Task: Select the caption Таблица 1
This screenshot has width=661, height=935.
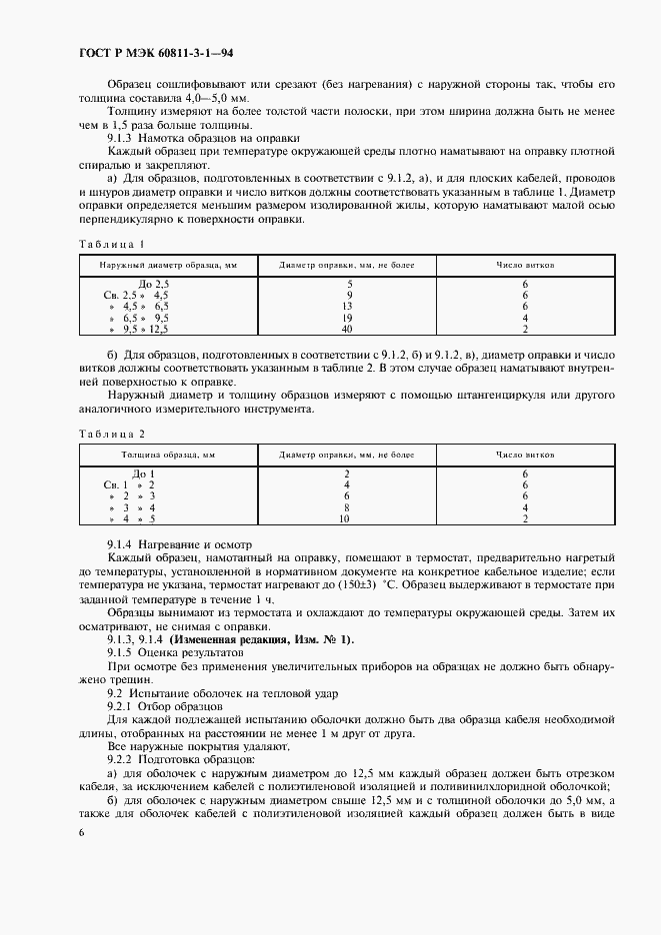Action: pyautogui.click(x=111, y=244)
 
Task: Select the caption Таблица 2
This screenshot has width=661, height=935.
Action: pyautogui.click(x=111, y=434)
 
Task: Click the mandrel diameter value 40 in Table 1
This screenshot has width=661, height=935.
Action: pyautogui.click(x=346, y=329)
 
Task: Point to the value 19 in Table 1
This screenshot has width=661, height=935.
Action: pyautogui.click(x=346, y=318)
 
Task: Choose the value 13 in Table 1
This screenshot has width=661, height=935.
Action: pyautogui.click(x=346, y=307)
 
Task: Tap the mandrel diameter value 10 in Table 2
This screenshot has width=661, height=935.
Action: pyautogui.click(x=346, y=518)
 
